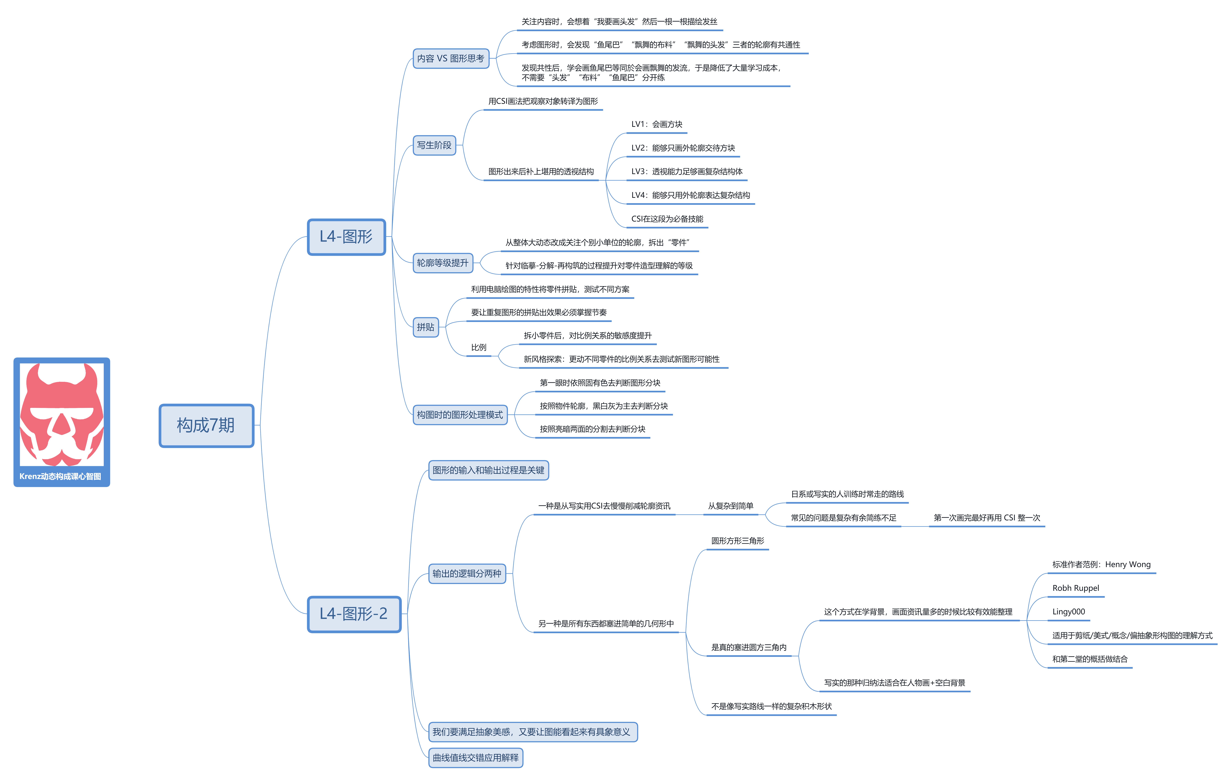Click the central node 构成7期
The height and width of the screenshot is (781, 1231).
[206, 426]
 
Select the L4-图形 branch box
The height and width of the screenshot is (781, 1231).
[346, 237]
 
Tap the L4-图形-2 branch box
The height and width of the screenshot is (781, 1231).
[354, 614]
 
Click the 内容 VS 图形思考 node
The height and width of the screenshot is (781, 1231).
[451, 58]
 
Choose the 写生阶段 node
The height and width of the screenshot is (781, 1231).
[434, 145]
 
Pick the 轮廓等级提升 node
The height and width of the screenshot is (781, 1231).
[443, 263]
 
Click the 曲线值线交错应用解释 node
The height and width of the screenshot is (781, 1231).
[475, 757]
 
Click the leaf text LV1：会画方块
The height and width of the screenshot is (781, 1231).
[656, 124]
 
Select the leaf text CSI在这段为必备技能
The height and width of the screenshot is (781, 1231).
[667, 219]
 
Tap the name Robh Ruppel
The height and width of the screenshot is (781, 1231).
[1076, 588]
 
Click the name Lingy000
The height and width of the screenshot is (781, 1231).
[1068, 612]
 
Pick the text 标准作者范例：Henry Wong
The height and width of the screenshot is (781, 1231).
[1101, 565]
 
